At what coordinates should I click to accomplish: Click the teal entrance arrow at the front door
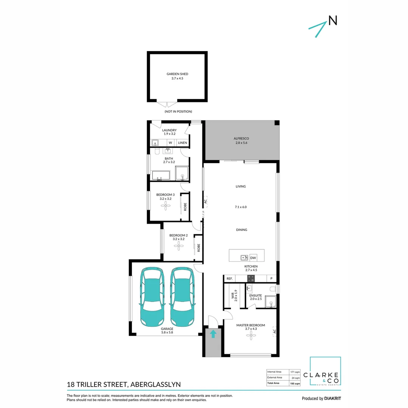click(213, 334)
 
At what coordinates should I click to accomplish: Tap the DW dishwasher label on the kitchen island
click(253, 258)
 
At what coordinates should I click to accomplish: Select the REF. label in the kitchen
click(229, 279)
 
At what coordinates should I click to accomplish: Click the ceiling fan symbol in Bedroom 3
click(165, 205)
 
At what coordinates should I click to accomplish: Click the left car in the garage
click(153, 297)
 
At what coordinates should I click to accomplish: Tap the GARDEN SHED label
click(177, 74)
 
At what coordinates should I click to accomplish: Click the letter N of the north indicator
click(332, 21)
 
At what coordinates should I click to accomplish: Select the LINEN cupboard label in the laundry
click(182, 143)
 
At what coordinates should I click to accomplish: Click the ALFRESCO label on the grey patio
click(241, 139)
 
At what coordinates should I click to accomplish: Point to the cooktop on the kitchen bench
click(251, 279)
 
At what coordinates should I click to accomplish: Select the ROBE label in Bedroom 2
click(198, 247)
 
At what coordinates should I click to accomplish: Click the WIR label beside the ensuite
click(233, 295)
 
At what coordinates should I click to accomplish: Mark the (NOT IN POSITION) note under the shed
click(178, 111)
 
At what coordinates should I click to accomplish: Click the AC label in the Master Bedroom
click(274, 332)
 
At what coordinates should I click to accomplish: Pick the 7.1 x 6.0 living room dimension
click(241, 207)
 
